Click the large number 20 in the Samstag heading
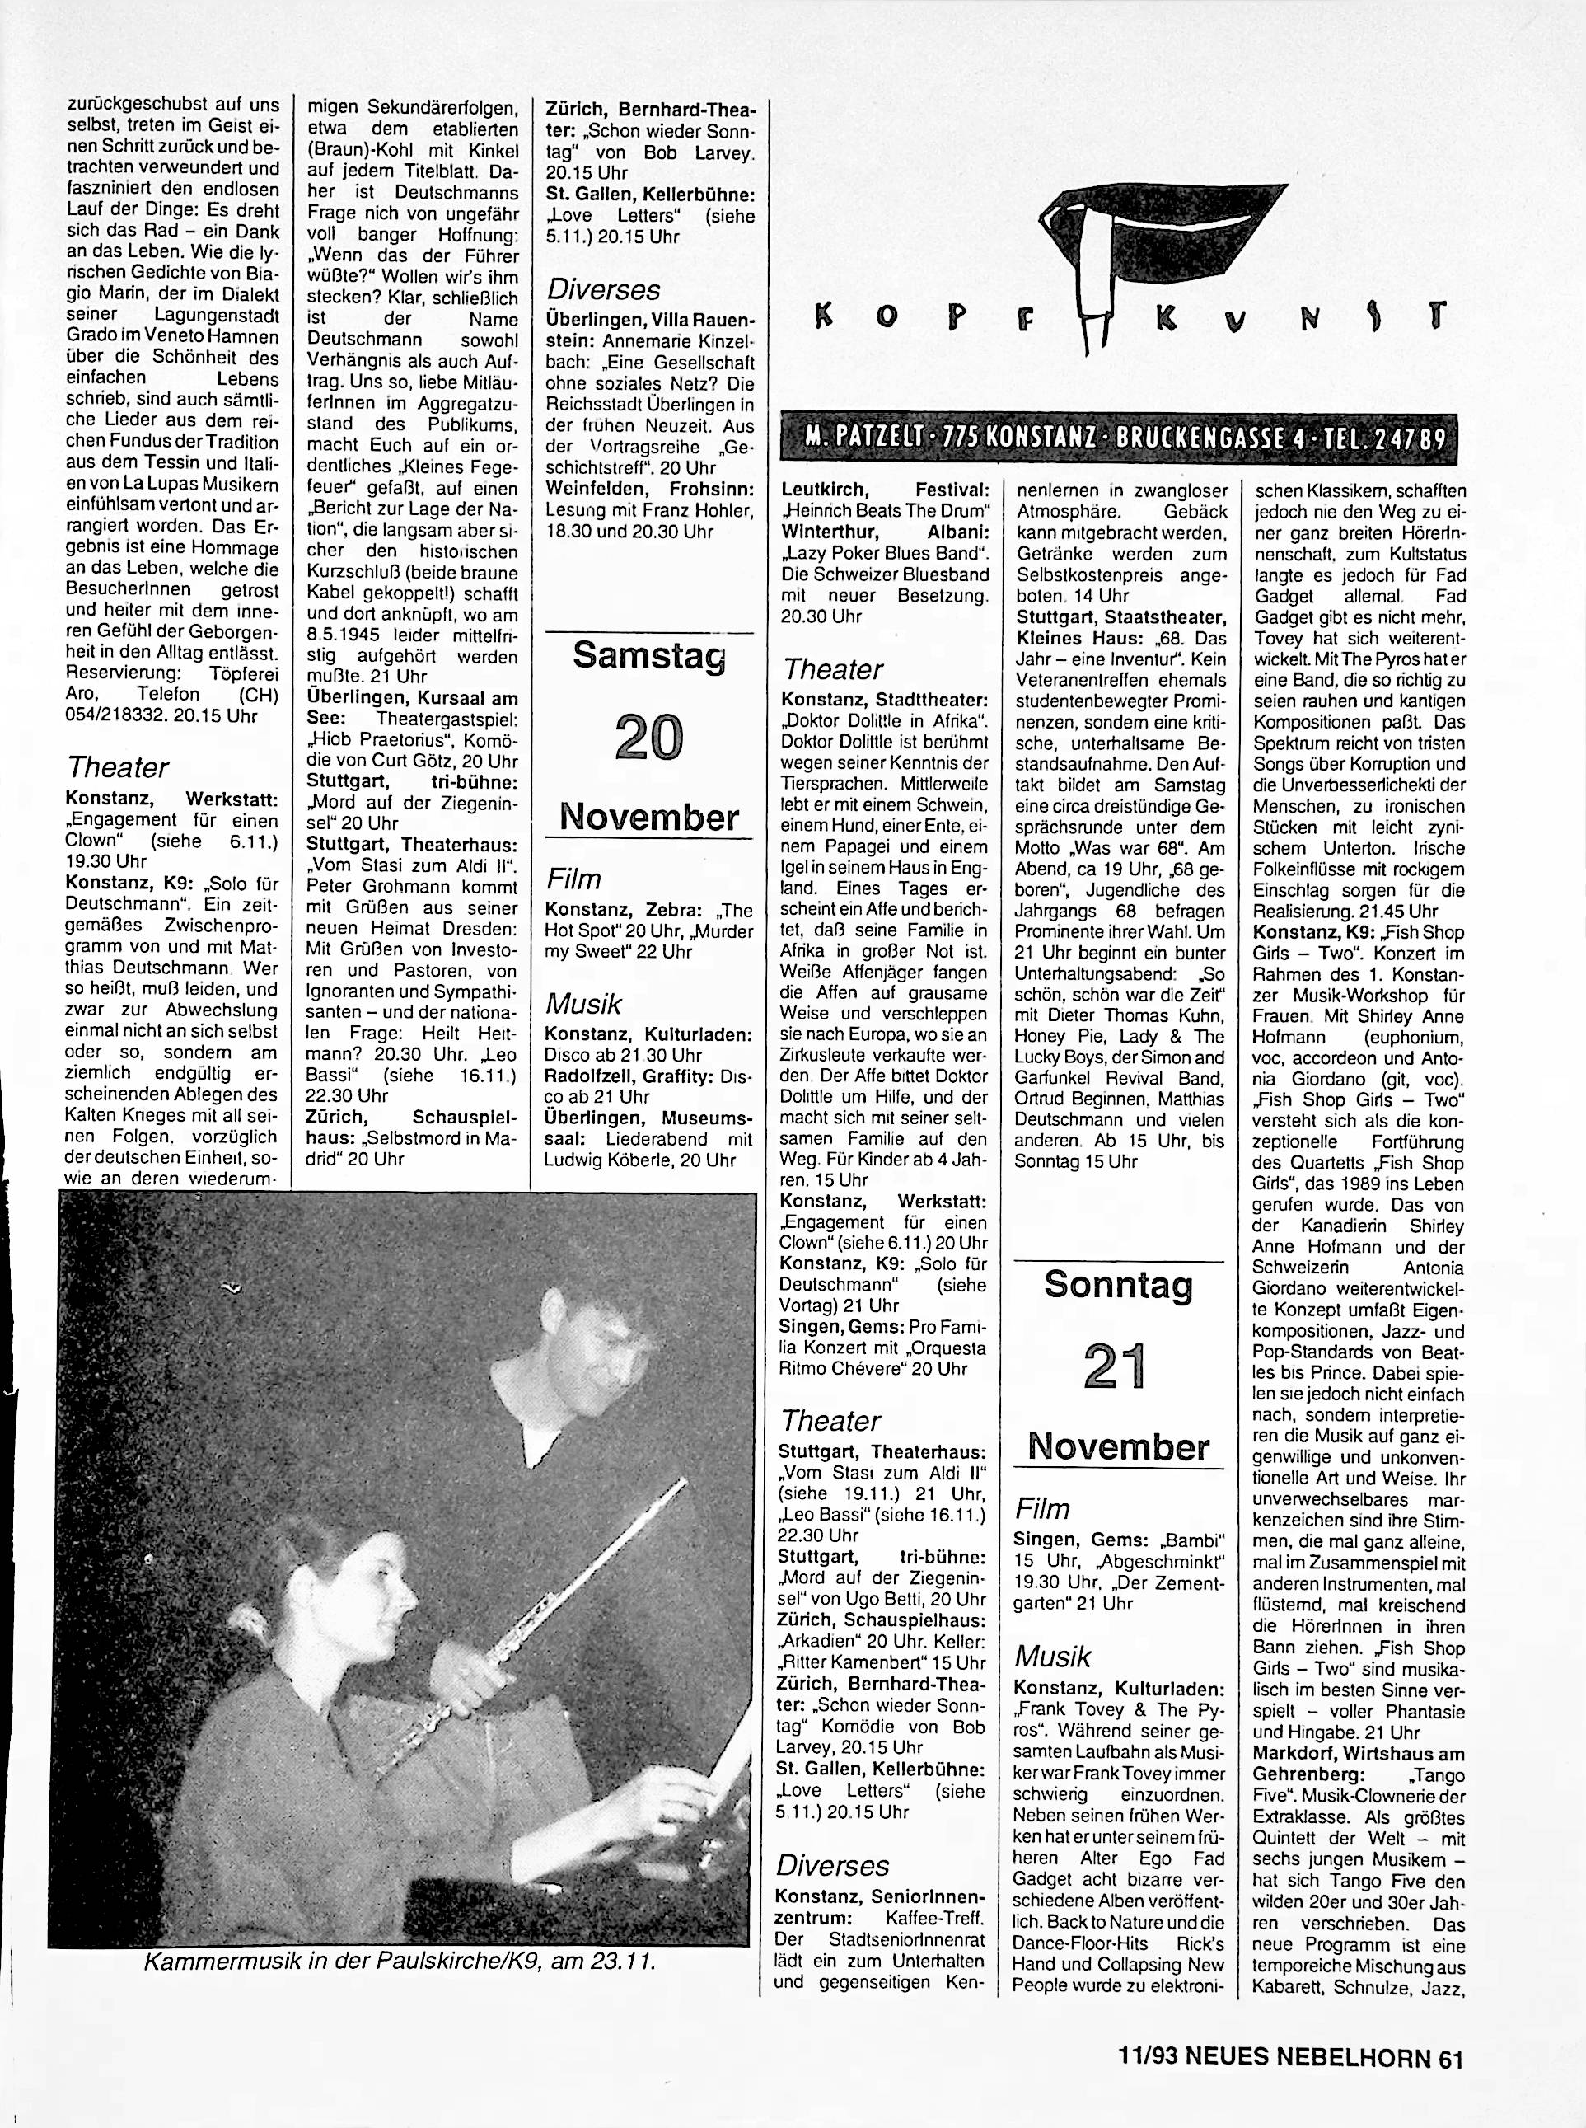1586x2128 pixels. pos(649,740)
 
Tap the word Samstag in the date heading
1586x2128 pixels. pos(649,656)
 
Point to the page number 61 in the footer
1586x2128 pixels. pos(1450,2053)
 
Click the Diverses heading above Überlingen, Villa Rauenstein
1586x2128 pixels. pos(604,290)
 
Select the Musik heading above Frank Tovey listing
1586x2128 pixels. pos(1053,1657)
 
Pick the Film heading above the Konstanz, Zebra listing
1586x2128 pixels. pos(573,879)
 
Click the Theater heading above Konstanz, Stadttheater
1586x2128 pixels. pos(832,668)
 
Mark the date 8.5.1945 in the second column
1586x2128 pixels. pos(353,635)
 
